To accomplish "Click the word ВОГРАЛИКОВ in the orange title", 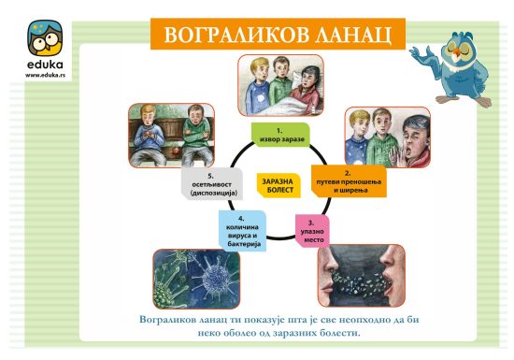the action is (x=236, y=35).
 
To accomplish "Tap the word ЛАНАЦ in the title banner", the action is (x=353, y=36).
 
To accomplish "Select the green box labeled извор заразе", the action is (x=280, y=135).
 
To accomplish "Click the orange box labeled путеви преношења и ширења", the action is (x=349, y=181).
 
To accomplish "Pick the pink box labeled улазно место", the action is (x=312, y=231).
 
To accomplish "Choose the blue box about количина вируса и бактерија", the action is (x=242, y=231).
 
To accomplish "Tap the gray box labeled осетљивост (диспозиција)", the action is (x=212, y=184).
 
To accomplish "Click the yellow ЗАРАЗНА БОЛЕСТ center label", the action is (x=279, y=185).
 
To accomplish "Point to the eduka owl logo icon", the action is (x=45, y=38).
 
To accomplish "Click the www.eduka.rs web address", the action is (x=45, y=75).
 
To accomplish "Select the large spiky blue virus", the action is (x=214, y=277).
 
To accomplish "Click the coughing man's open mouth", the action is (x=408, y=151).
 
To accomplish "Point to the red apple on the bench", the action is (x=176, y=151).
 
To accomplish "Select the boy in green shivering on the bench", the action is (x=196, y=135).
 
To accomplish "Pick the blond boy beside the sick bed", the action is (x=257, y=86).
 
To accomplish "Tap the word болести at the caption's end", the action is (x=341, y=333).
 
